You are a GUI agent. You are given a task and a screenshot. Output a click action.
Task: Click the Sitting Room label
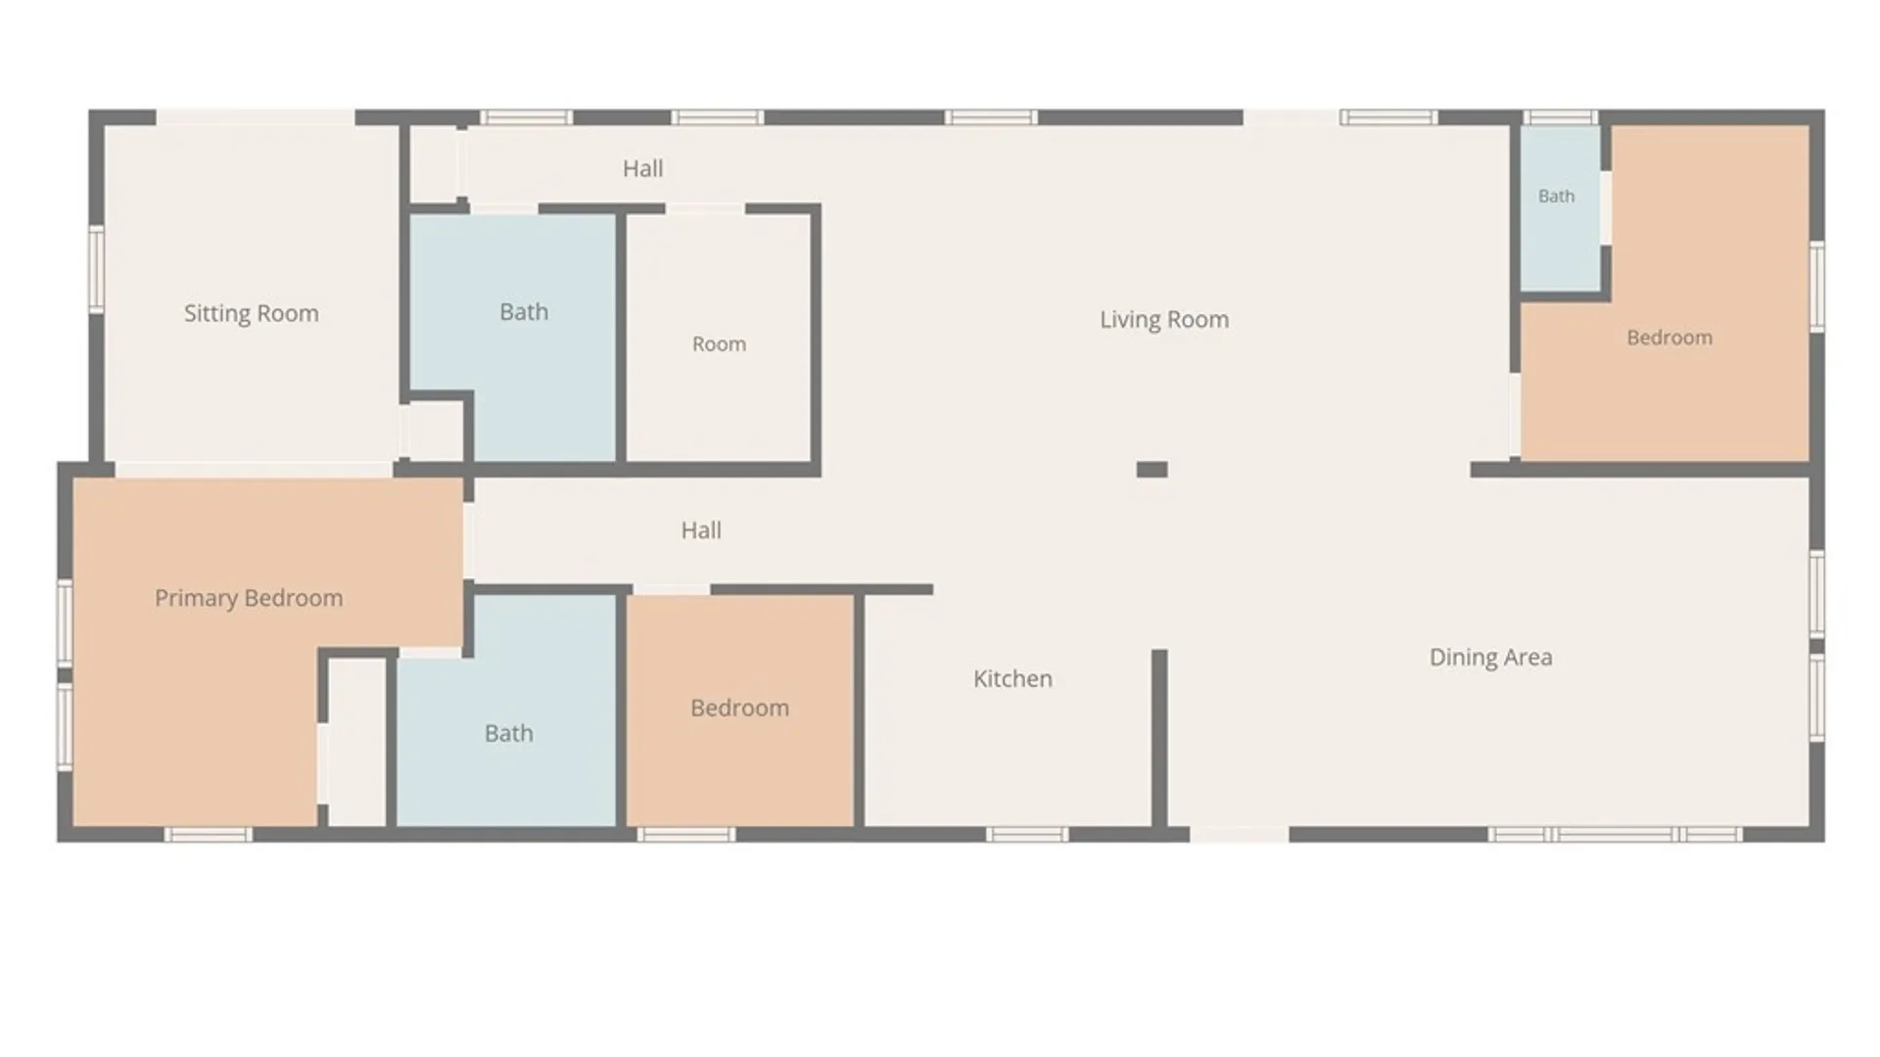click(252, 313)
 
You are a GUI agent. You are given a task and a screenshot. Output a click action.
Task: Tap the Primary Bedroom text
click(249, 598)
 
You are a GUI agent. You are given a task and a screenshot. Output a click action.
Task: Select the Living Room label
click(1164, 320)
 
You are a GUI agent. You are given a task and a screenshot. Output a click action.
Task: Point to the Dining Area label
click(1490, 658)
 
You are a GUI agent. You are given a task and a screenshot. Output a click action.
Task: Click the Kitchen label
click(1012, 679)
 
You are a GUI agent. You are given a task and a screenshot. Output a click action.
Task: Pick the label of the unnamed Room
click(719, 345)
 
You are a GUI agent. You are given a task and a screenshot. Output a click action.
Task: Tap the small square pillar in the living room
click(1151, 470)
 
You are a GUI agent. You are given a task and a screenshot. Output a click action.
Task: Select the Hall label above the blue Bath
click(642, 168)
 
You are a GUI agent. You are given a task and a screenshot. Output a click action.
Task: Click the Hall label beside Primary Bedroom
click(701, 530)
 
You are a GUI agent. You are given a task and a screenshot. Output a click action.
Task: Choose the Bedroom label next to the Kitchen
click(739, 709)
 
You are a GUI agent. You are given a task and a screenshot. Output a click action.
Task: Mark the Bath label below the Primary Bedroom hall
click(509, 733)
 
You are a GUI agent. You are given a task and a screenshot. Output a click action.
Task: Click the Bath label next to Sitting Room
click(524, 312)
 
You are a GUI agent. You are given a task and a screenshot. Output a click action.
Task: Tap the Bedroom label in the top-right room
click(1669, 338)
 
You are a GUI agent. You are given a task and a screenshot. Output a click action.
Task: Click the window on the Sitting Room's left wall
click(97, 269)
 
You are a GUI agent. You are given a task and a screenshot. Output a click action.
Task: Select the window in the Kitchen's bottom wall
click(1027, 835)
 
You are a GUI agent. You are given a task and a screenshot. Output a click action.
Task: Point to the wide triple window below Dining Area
click(1615, 835)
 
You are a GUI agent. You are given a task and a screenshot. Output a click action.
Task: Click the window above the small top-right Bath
click(1561, 117)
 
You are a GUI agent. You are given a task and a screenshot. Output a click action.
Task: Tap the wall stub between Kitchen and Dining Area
click(1159, 740)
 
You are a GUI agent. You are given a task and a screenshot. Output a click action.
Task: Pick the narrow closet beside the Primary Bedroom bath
click(356, 742)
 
